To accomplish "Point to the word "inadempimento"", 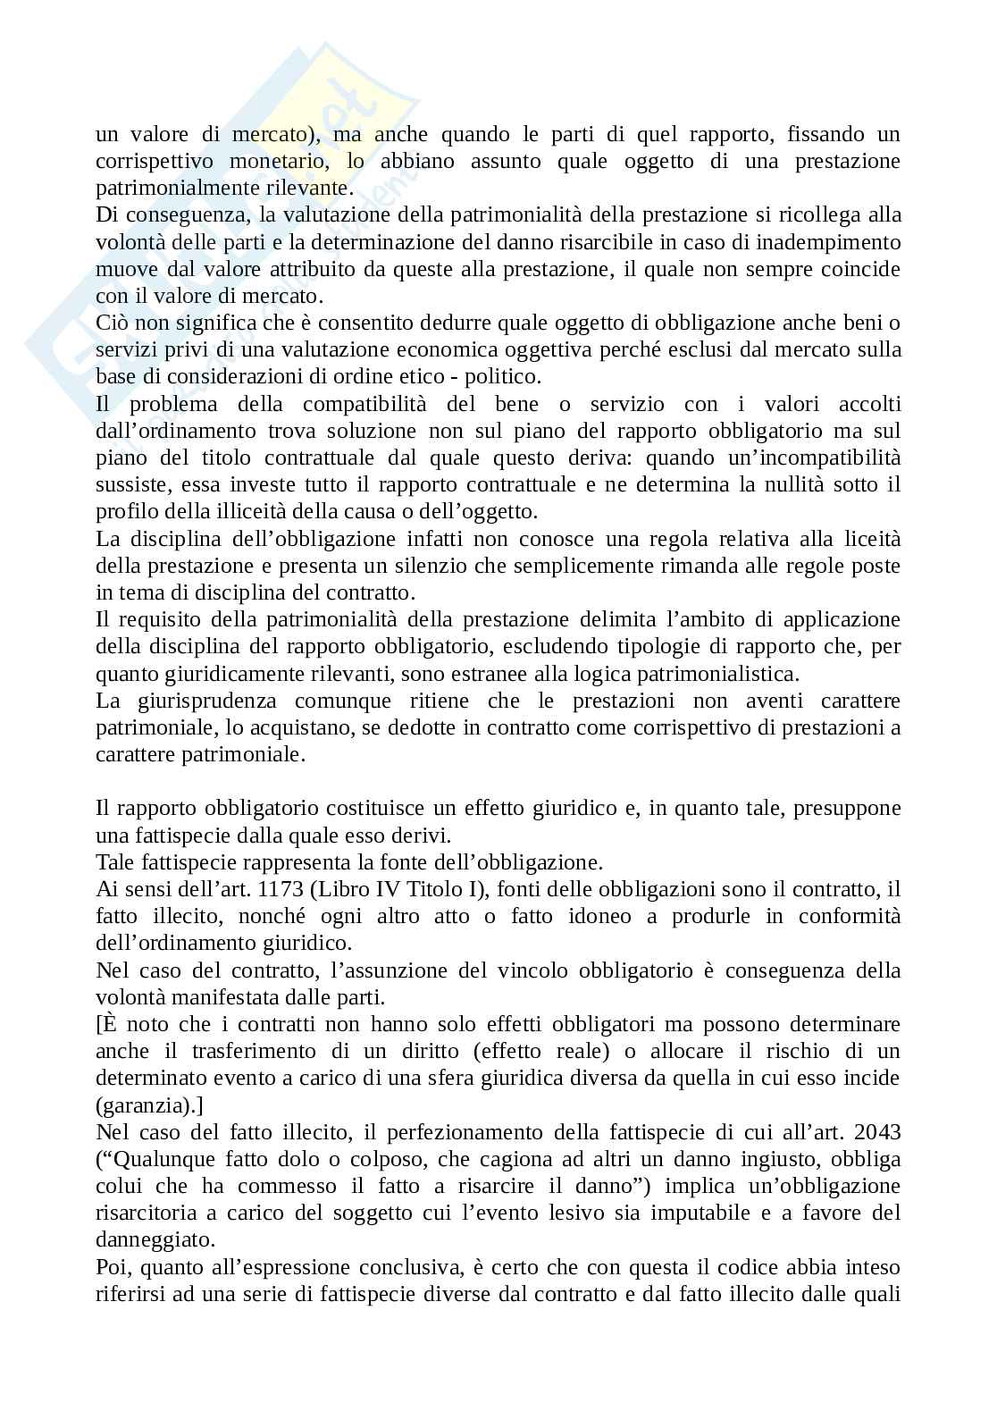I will [x=834, y=242].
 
